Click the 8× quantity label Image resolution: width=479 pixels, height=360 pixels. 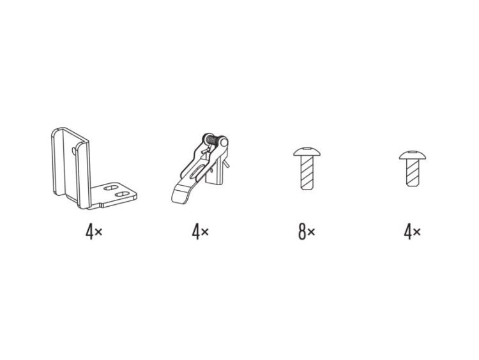(x=307, y=232)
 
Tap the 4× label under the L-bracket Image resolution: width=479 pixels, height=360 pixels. (x=94, y=232)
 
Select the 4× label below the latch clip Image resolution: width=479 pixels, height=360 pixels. (x=200, y=232)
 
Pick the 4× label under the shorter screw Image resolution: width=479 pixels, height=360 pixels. (x=412, y=232)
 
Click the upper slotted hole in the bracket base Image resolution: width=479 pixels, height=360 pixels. (x=110, y=188)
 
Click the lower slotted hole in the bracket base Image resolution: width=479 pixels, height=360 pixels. (x=122, y=194)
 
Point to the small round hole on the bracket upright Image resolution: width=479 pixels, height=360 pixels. (x=73, y=151)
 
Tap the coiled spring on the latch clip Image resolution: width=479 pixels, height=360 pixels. (x=212, y=141)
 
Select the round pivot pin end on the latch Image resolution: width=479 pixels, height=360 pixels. (x=224, y=142)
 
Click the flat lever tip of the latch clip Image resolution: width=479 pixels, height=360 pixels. (x=179, y=195)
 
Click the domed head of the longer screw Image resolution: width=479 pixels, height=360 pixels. (x=307, y=151)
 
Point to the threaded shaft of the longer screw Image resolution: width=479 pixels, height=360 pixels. (x=307, y=172)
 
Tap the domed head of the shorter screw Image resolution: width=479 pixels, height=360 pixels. (x=413, y=155)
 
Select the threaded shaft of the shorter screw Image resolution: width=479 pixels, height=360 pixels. (x=413, y=172)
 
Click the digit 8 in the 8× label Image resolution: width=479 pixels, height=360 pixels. (x=302, y=232)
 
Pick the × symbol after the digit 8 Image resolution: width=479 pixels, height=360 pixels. (x=311, y=233)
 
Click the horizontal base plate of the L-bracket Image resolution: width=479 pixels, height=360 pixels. (x=114, y=195)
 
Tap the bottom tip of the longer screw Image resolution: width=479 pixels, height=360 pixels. (x=307, y=189)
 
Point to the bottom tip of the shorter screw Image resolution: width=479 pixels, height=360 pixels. (x=413, y=185)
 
